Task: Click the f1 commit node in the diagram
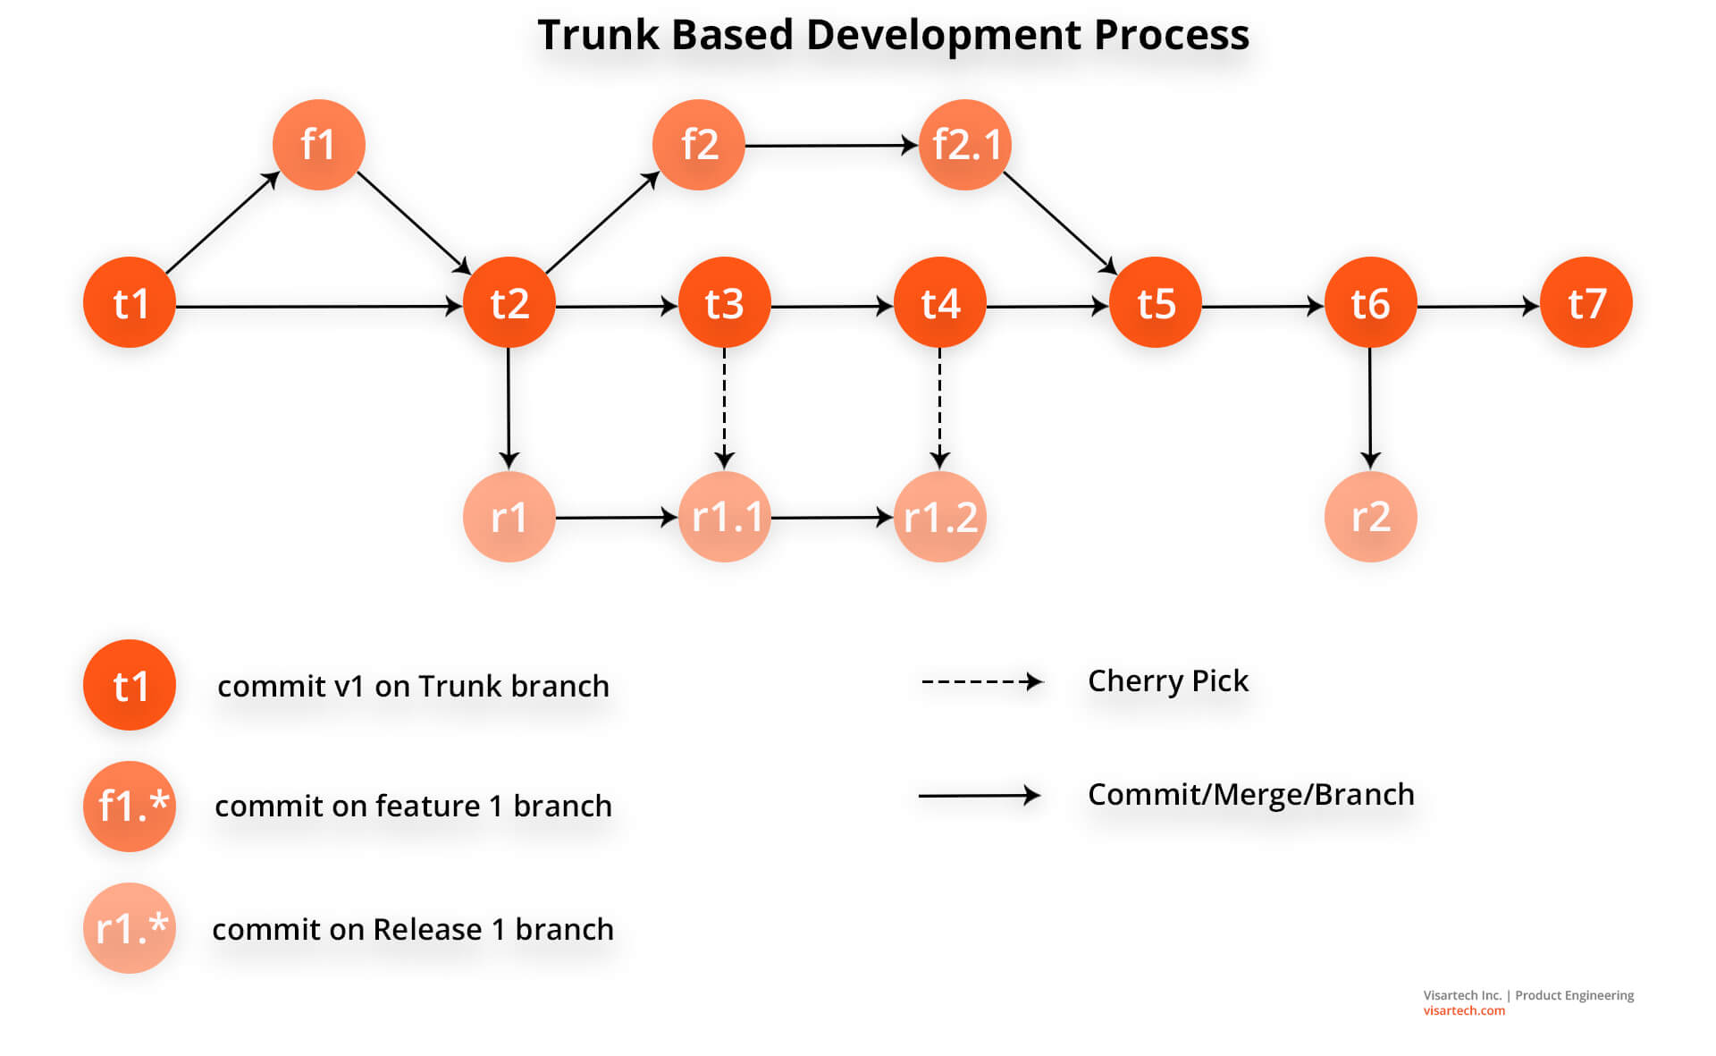coord(318,145)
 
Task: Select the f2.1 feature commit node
coord(964,145)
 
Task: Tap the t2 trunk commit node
coord(509,303)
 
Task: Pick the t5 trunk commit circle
coord(1155,303)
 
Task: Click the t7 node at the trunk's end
coord(1586,303)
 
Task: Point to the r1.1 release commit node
coord(725,517)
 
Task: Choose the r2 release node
coord(1370,517)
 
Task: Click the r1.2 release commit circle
coord(940,517)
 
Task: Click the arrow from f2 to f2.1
coord(831,145)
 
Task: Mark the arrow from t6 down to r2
coord(1370,407)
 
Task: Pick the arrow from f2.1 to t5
coord(1060,223)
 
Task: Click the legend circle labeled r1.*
coord(130,928)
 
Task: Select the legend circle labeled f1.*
coord(130,806)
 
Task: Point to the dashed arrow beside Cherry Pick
coord(981,682)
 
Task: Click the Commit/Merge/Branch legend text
coord(1250,794)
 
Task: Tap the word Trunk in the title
coord(598,36)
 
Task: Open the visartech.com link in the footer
coord(1464,1011)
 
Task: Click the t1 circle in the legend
coord(130,685)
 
